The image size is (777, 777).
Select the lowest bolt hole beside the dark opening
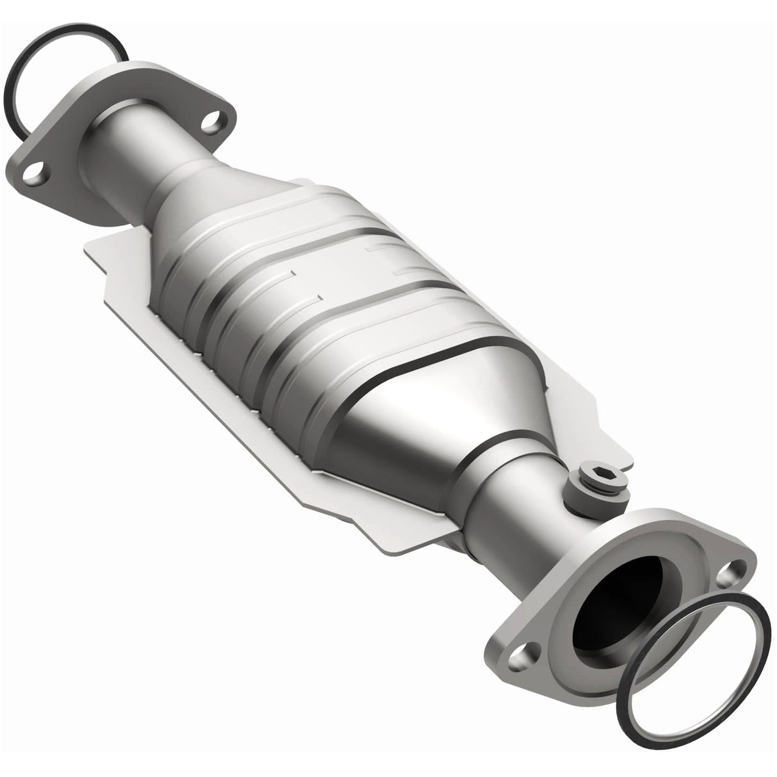click(x=520, y=705)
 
